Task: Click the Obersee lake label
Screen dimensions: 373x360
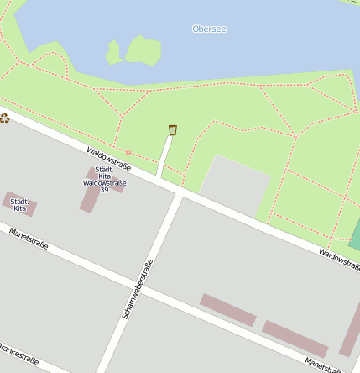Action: [209, 29]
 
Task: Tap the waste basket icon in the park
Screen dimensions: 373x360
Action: [173, 129]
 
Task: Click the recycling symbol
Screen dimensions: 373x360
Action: [4, 118]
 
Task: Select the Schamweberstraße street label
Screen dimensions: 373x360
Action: [138, 288]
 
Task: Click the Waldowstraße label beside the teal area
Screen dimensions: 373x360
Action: [338, 257]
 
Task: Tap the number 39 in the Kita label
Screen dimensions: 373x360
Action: [104, 190]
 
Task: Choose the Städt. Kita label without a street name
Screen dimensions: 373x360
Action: [19, 204]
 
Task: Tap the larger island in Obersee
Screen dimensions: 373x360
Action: [143, 49]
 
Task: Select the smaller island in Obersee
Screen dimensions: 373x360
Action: [113, 53]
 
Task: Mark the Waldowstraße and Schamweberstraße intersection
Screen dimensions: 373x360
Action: [179, 193]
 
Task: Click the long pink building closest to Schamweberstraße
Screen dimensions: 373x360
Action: [227, 309]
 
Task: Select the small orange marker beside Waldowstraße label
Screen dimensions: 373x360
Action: [128, 152]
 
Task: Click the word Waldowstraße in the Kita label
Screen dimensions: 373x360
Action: [104, 182]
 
